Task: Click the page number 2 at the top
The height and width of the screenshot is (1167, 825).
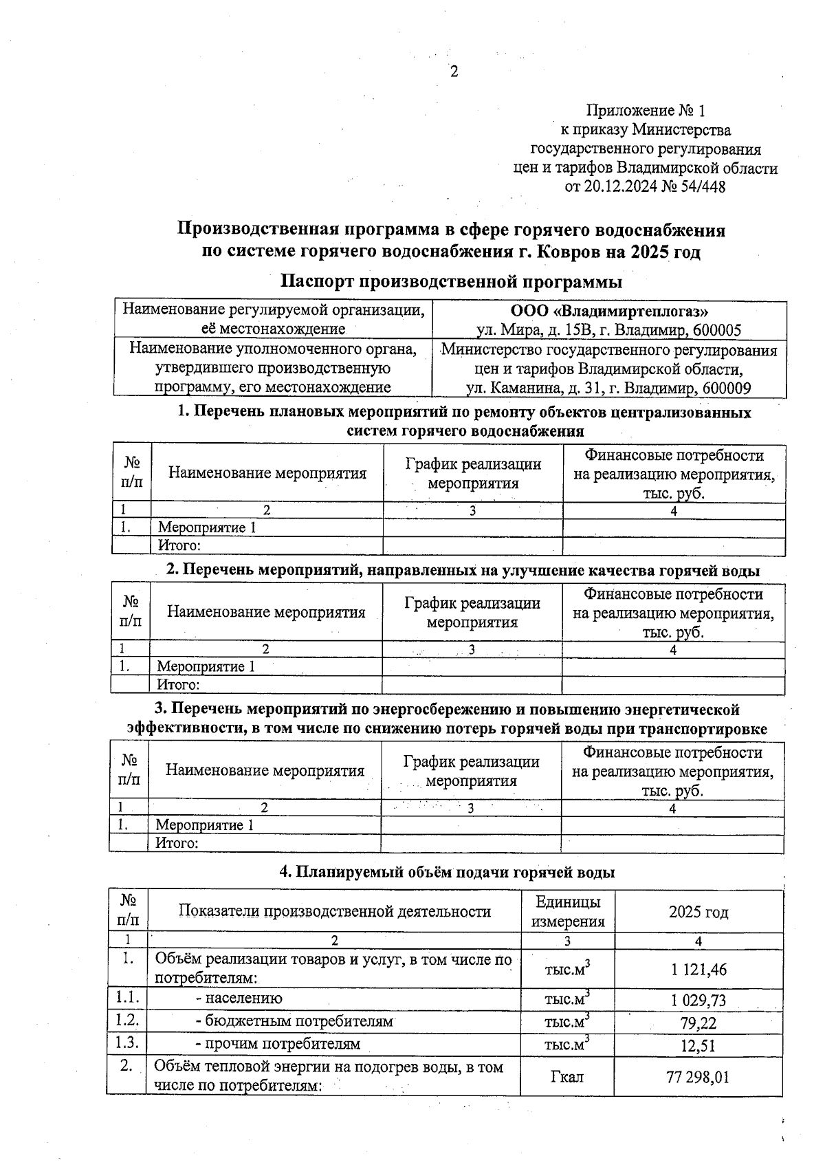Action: click(x=454, y=72)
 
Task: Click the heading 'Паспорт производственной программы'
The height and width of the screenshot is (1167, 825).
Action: click(x=452, y=282)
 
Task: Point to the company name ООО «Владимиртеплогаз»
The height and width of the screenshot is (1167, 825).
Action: click(x=609, y=311)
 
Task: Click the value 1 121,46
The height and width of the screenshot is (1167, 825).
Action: click(x=698, y=970)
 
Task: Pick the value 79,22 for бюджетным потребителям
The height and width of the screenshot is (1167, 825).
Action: click(x=698, y=1023)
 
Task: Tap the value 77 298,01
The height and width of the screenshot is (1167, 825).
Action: click(x=698, y=1076)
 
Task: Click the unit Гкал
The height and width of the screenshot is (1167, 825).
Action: click(x=567, y=1076)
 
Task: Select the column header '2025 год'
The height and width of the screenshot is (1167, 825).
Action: click(x=698, y=913)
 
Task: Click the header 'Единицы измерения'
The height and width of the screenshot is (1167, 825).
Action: click(x=567, y=912)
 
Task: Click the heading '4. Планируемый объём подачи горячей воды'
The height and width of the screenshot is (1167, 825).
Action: click(x=447, y=872)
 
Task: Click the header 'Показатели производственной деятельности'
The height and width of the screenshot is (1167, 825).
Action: click(x=334, y=912)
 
